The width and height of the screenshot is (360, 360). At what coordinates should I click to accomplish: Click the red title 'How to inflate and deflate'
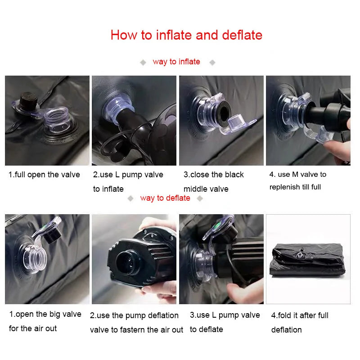click(186, 35)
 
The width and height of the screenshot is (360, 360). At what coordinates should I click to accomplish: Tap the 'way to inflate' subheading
click(176, 62)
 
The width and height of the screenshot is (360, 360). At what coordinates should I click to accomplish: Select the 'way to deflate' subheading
click(165, 198)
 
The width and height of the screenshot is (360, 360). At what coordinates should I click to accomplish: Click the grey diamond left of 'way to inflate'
click(143, 62)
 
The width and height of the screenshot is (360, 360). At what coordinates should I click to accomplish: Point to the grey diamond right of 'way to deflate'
click(200, 198)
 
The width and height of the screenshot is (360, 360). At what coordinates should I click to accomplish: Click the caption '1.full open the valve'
click(44, 175)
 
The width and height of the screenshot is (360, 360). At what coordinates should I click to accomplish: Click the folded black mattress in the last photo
click(308, 261)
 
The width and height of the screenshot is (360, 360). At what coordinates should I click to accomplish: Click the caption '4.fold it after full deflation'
click(300, 323)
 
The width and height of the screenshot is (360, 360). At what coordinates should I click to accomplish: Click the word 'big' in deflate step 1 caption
click(55, 315)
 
